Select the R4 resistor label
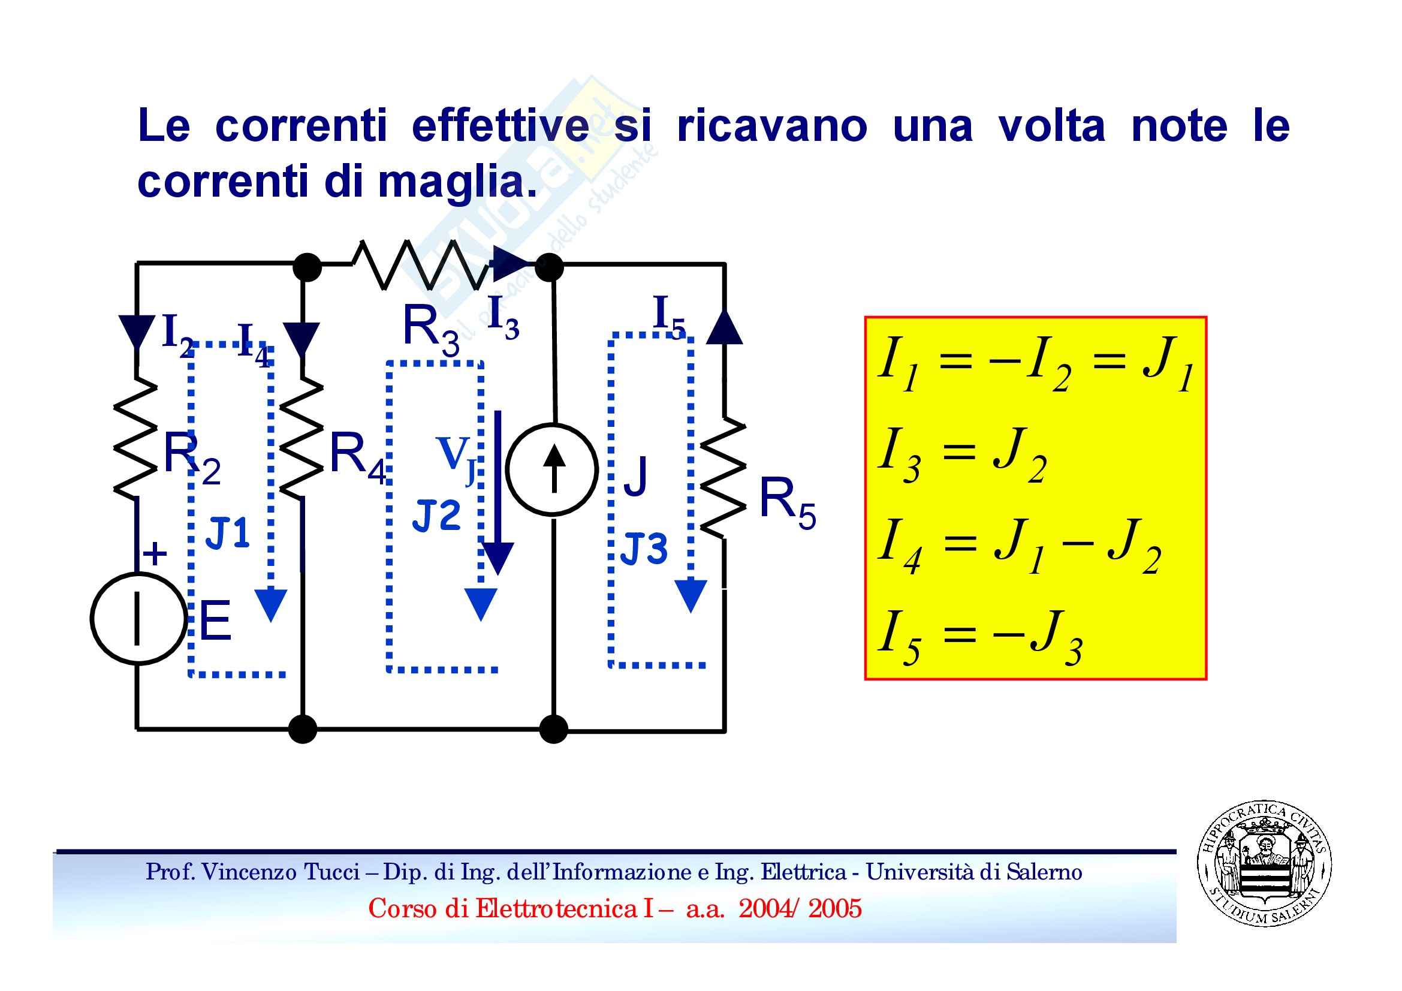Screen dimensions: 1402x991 pyautogui.click(x=358, y=458)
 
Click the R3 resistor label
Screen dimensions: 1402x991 pyautogui.click(x=431, y=330)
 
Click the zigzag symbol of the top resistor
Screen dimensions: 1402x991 pyautogui.click(x=421, y=264)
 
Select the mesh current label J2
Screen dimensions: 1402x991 pyautogui.click(x=436, y=516)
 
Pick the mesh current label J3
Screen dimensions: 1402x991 pyautogui.click(x=644, y=549)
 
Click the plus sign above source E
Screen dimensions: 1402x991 pyautogui.click(x=155, y=554)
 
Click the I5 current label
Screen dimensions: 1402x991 pyautogui.click(x=670, y=317)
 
